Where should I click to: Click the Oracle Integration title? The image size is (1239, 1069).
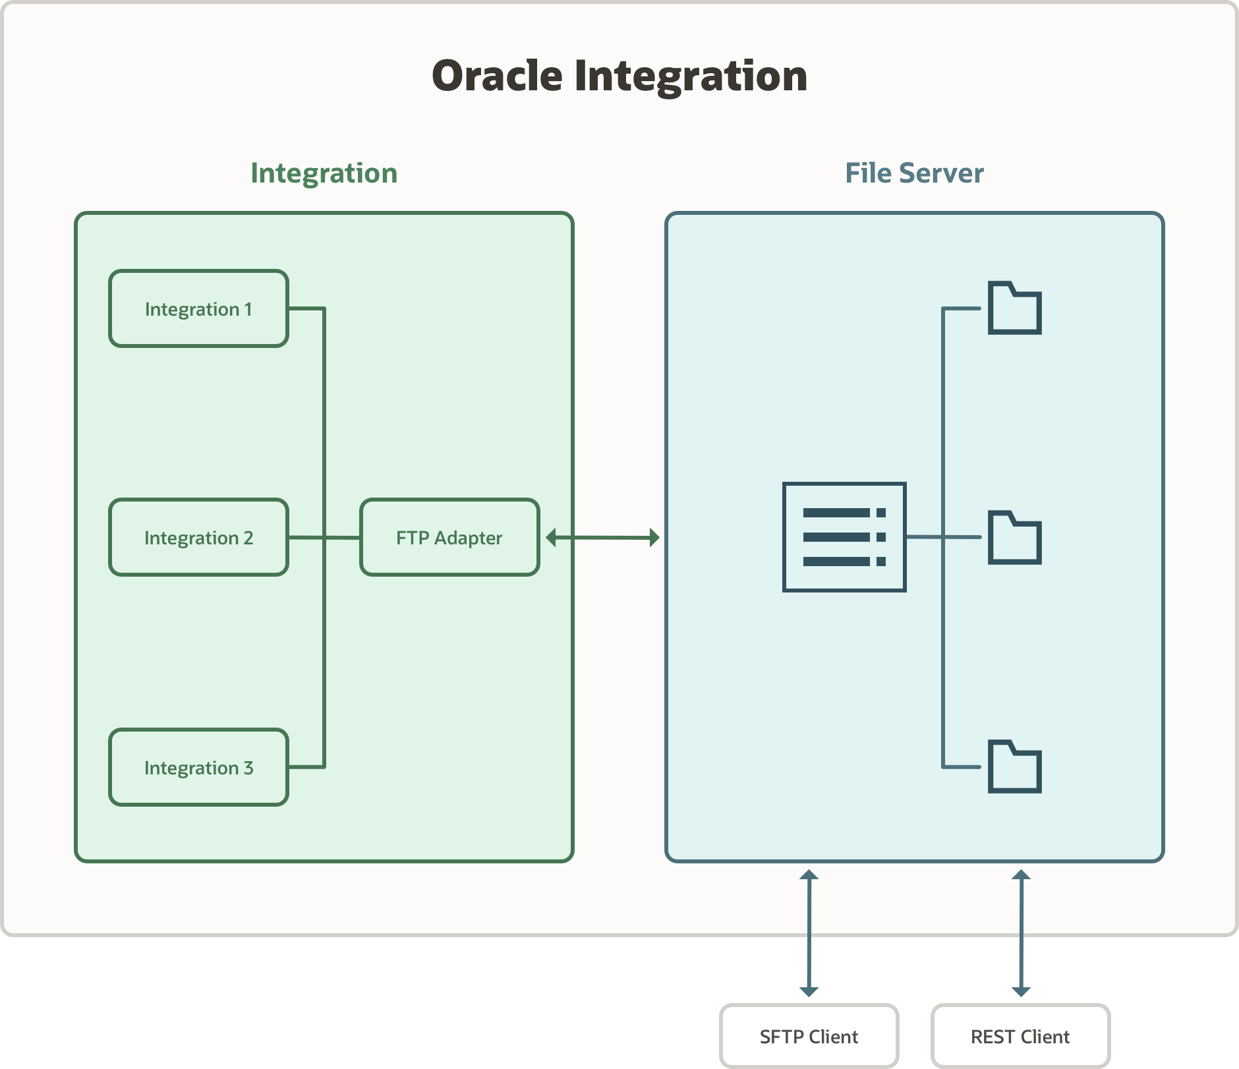click(619, 76)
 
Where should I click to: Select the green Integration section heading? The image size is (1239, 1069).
click(324, 173)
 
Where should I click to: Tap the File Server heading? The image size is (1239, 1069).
click(914, 173)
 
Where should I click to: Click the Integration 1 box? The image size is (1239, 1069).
click(198, 308)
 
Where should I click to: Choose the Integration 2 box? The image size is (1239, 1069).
click(198, 537)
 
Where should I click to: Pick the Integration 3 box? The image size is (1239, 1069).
click(198, 767)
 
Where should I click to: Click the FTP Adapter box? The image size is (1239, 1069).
click(449, 537)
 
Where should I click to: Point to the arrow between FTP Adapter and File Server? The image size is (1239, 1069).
click(602, 537)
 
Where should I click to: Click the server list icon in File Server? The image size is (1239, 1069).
click(844, 537)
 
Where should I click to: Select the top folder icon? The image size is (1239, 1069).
click(1014, 308)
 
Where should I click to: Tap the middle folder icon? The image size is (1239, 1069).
click(1014, 538)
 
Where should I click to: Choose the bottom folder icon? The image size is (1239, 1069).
click(1014, 767)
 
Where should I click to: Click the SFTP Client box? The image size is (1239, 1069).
click(809, 1036)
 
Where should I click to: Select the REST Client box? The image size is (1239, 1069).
click(1020, 1036)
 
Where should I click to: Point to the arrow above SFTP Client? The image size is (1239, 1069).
click(809, 933)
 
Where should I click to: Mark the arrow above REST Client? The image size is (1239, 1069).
click(1021, 933)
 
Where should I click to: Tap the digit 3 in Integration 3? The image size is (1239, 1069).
click(248, 768)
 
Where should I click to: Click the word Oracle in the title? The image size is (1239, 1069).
click(497, 76)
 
